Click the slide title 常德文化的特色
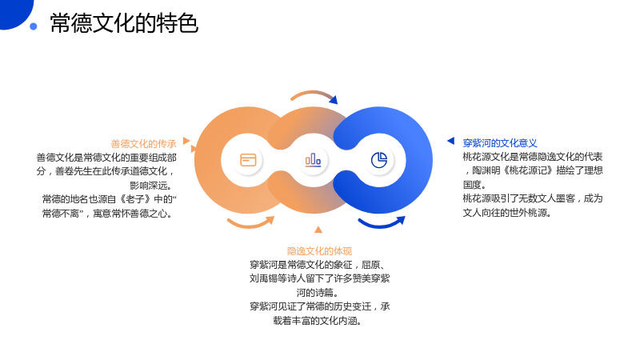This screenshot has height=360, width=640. (124, 23)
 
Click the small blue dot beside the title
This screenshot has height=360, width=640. (34, 26)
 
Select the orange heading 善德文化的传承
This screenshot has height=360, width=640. (144, 144)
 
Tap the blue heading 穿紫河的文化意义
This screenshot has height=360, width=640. (499, 143)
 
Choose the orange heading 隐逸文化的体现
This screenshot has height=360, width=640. (319, 251)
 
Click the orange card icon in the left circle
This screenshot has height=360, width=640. (248, 160)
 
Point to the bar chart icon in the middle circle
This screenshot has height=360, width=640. (313, 160)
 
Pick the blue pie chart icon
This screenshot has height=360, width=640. (378, 160)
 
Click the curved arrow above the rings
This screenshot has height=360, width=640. (314, 94)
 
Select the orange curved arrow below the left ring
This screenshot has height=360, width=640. (250, 225)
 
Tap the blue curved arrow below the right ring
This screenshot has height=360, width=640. (382, 224)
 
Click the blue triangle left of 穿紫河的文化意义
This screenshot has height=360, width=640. (451, 141)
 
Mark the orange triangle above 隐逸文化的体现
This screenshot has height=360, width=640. (318, 230)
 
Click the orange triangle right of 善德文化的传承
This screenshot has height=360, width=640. (186, 141)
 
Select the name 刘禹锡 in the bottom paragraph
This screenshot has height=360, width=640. (264, 278)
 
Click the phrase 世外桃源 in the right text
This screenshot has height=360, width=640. (528, 213)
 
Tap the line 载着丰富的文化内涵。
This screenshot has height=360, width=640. (318, 321)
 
